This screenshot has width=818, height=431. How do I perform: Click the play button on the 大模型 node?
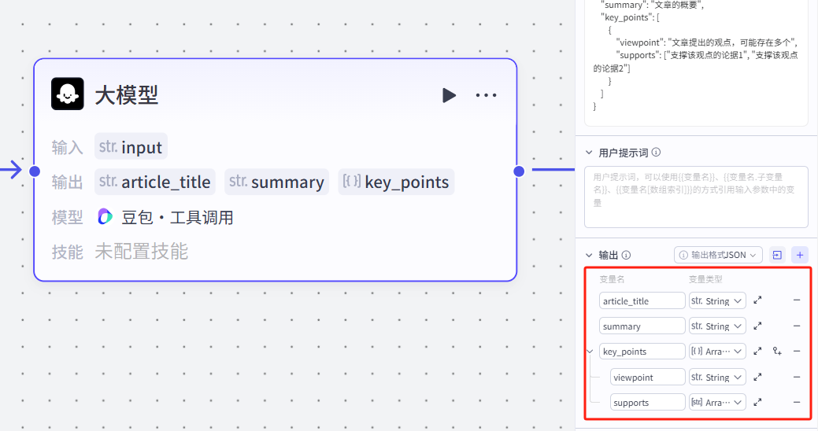coord(449,95)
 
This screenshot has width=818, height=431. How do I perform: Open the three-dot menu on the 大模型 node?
coord(486,95)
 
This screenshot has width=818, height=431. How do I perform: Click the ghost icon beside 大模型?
coord(68,94)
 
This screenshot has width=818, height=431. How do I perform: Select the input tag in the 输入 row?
coord(131,147)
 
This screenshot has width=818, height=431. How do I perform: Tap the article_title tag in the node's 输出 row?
coord(155,182)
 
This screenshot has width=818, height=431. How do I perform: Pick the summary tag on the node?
coord(277,182)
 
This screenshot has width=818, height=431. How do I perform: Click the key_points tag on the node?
coord(396,182)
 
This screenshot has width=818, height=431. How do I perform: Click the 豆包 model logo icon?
coord(105,217)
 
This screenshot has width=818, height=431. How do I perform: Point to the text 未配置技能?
coord(142,252)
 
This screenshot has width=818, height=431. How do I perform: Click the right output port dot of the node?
coord(519,171)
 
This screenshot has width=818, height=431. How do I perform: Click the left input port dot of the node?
coord(34,171)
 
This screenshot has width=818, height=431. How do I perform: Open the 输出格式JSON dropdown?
coord(719,255)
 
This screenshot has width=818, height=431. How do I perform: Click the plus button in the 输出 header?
coord(800,255)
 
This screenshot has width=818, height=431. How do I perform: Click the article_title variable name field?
coord(642,301)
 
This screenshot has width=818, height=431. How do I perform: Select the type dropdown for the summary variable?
coord(717,326)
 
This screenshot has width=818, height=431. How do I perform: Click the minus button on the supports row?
coord(796,403)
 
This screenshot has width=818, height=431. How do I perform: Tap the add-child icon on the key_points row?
coord(777,352)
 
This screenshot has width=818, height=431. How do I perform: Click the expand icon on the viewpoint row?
coord(757,378)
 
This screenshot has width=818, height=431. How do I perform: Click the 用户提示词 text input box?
coord(696,197)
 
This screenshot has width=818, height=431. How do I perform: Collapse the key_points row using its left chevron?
coord(590,352)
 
